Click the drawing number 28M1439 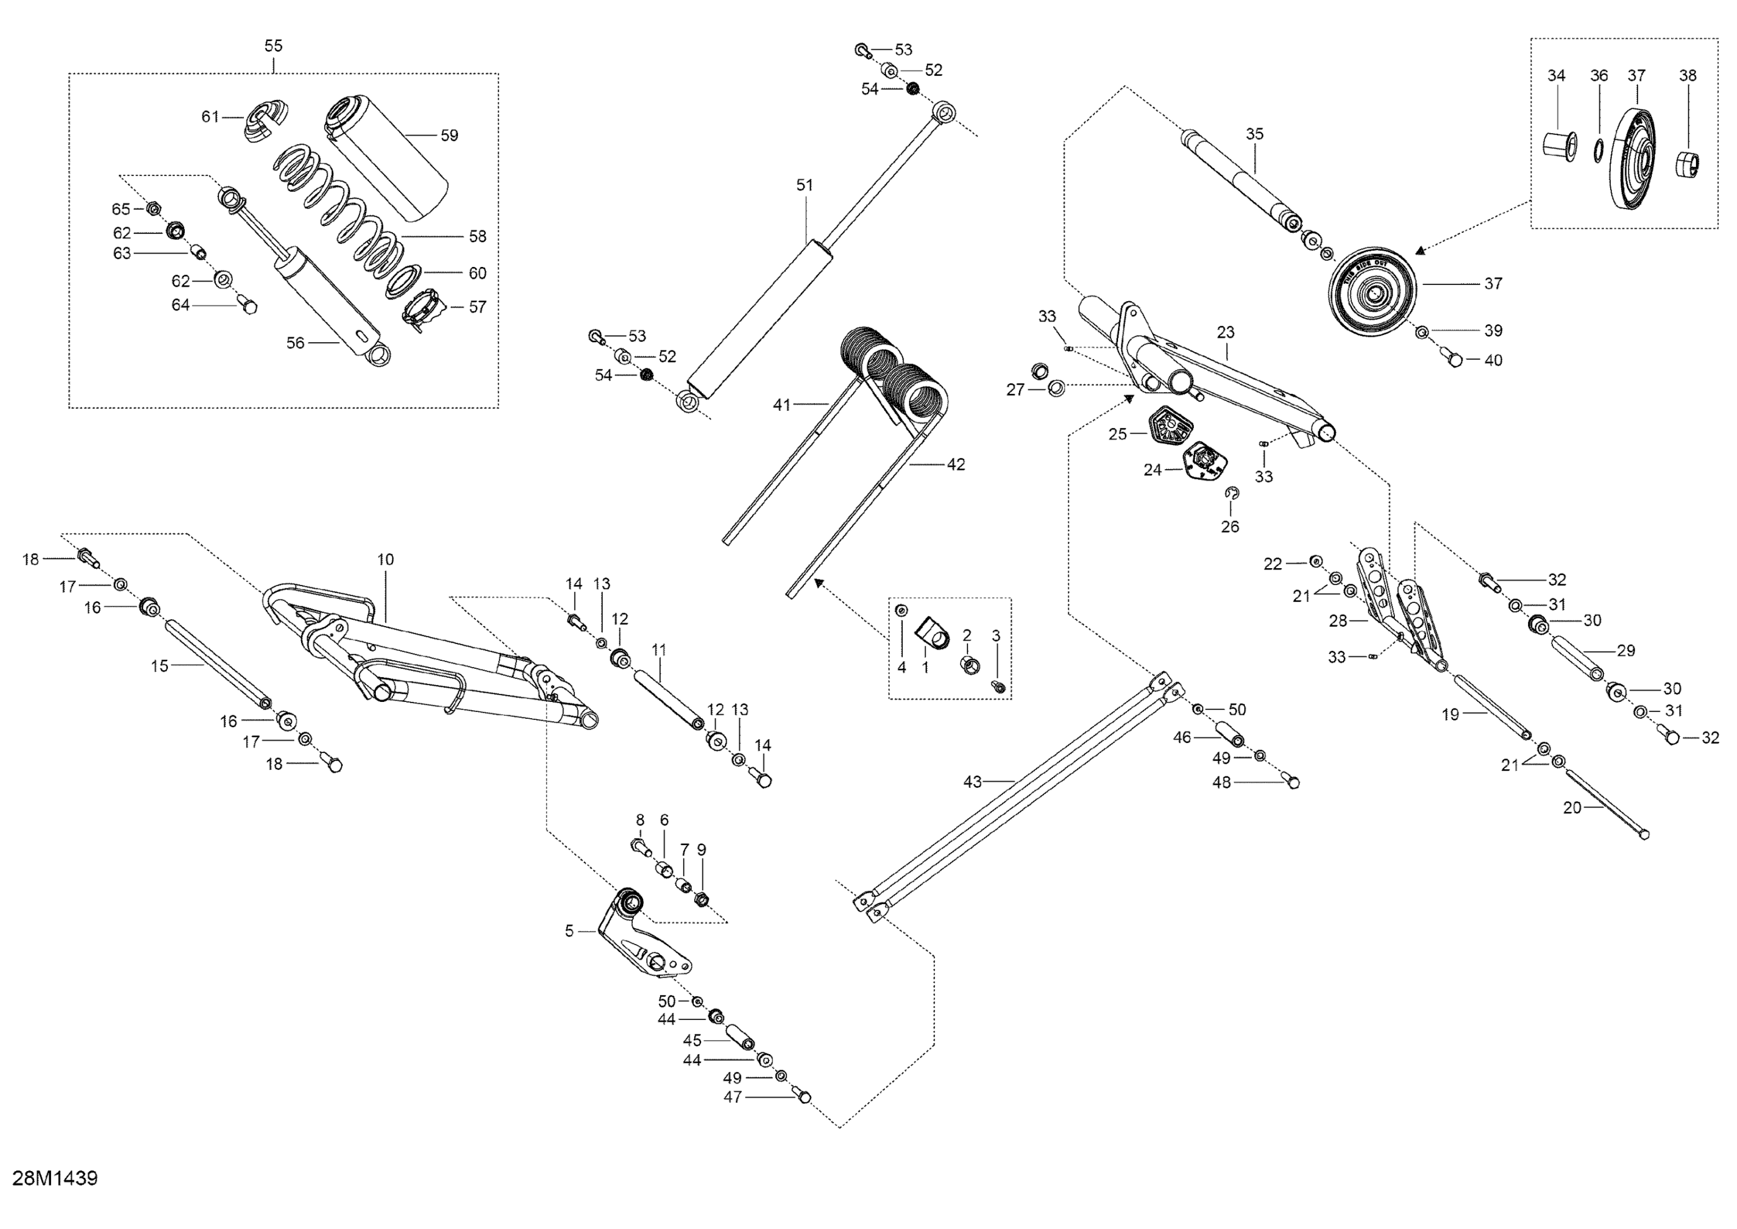click(54, 1178)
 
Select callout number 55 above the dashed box click(273, 46)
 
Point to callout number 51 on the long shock click(804, 185)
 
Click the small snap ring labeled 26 click(1232, 493)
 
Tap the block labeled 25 click(1170, 429)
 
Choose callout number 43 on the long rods click(972, 782)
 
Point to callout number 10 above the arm click(386, 560)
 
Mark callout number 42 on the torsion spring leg click(957, 464)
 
